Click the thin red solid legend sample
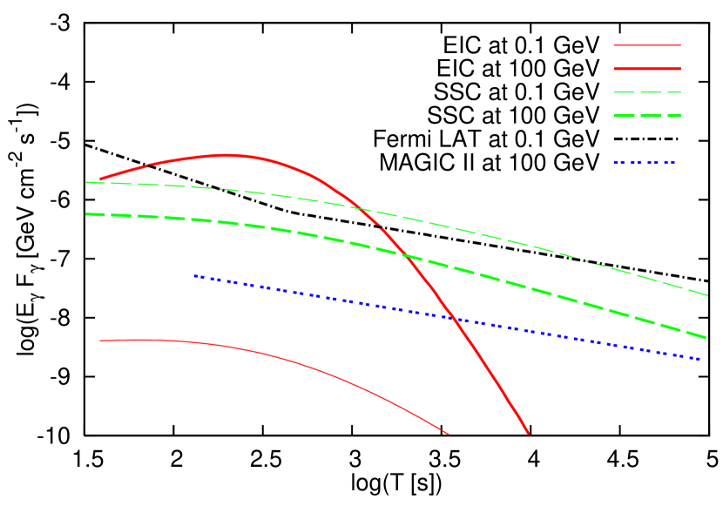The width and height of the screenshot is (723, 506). pyautogui.click(x=647, y=44)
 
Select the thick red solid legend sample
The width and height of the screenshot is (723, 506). pyautogui.click(x=647, y=68)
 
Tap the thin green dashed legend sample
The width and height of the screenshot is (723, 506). pyautogui.click(x=647, y=91)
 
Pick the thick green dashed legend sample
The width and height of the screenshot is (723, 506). pyautogui.click(x=647, y=115)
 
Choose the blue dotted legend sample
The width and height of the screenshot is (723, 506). pyautogui.click(x=645, y=162)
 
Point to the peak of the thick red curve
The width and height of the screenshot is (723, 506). pyautogui.click(x=226, y=155)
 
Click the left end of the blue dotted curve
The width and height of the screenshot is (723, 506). pyautogui.click(x=194, y=276)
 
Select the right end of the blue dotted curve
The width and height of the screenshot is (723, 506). pyautogui.click(x=700, y=359)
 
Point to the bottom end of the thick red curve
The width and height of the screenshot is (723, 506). pyautogui.click(x=528, y=432)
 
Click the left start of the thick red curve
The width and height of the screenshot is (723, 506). pyautogui.click(x=100, y=179)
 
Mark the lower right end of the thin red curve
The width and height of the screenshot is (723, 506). pyautogui.click(x=448, y=433)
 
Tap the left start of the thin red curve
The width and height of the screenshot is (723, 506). pyautogui.click(x=100, y=341)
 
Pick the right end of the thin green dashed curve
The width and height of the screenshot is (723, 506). pyautogui.click(x=707, y=295)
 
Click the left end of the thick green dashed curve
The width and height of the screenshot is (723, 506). pyautogui.click(x=87, y=214)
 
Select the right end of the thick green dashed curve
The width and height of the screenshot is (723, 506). pyautogui.click(x=706, y=337)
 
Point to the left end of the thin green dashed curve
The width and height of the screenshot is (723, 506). pyautogui.click(x=86, y=182)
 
